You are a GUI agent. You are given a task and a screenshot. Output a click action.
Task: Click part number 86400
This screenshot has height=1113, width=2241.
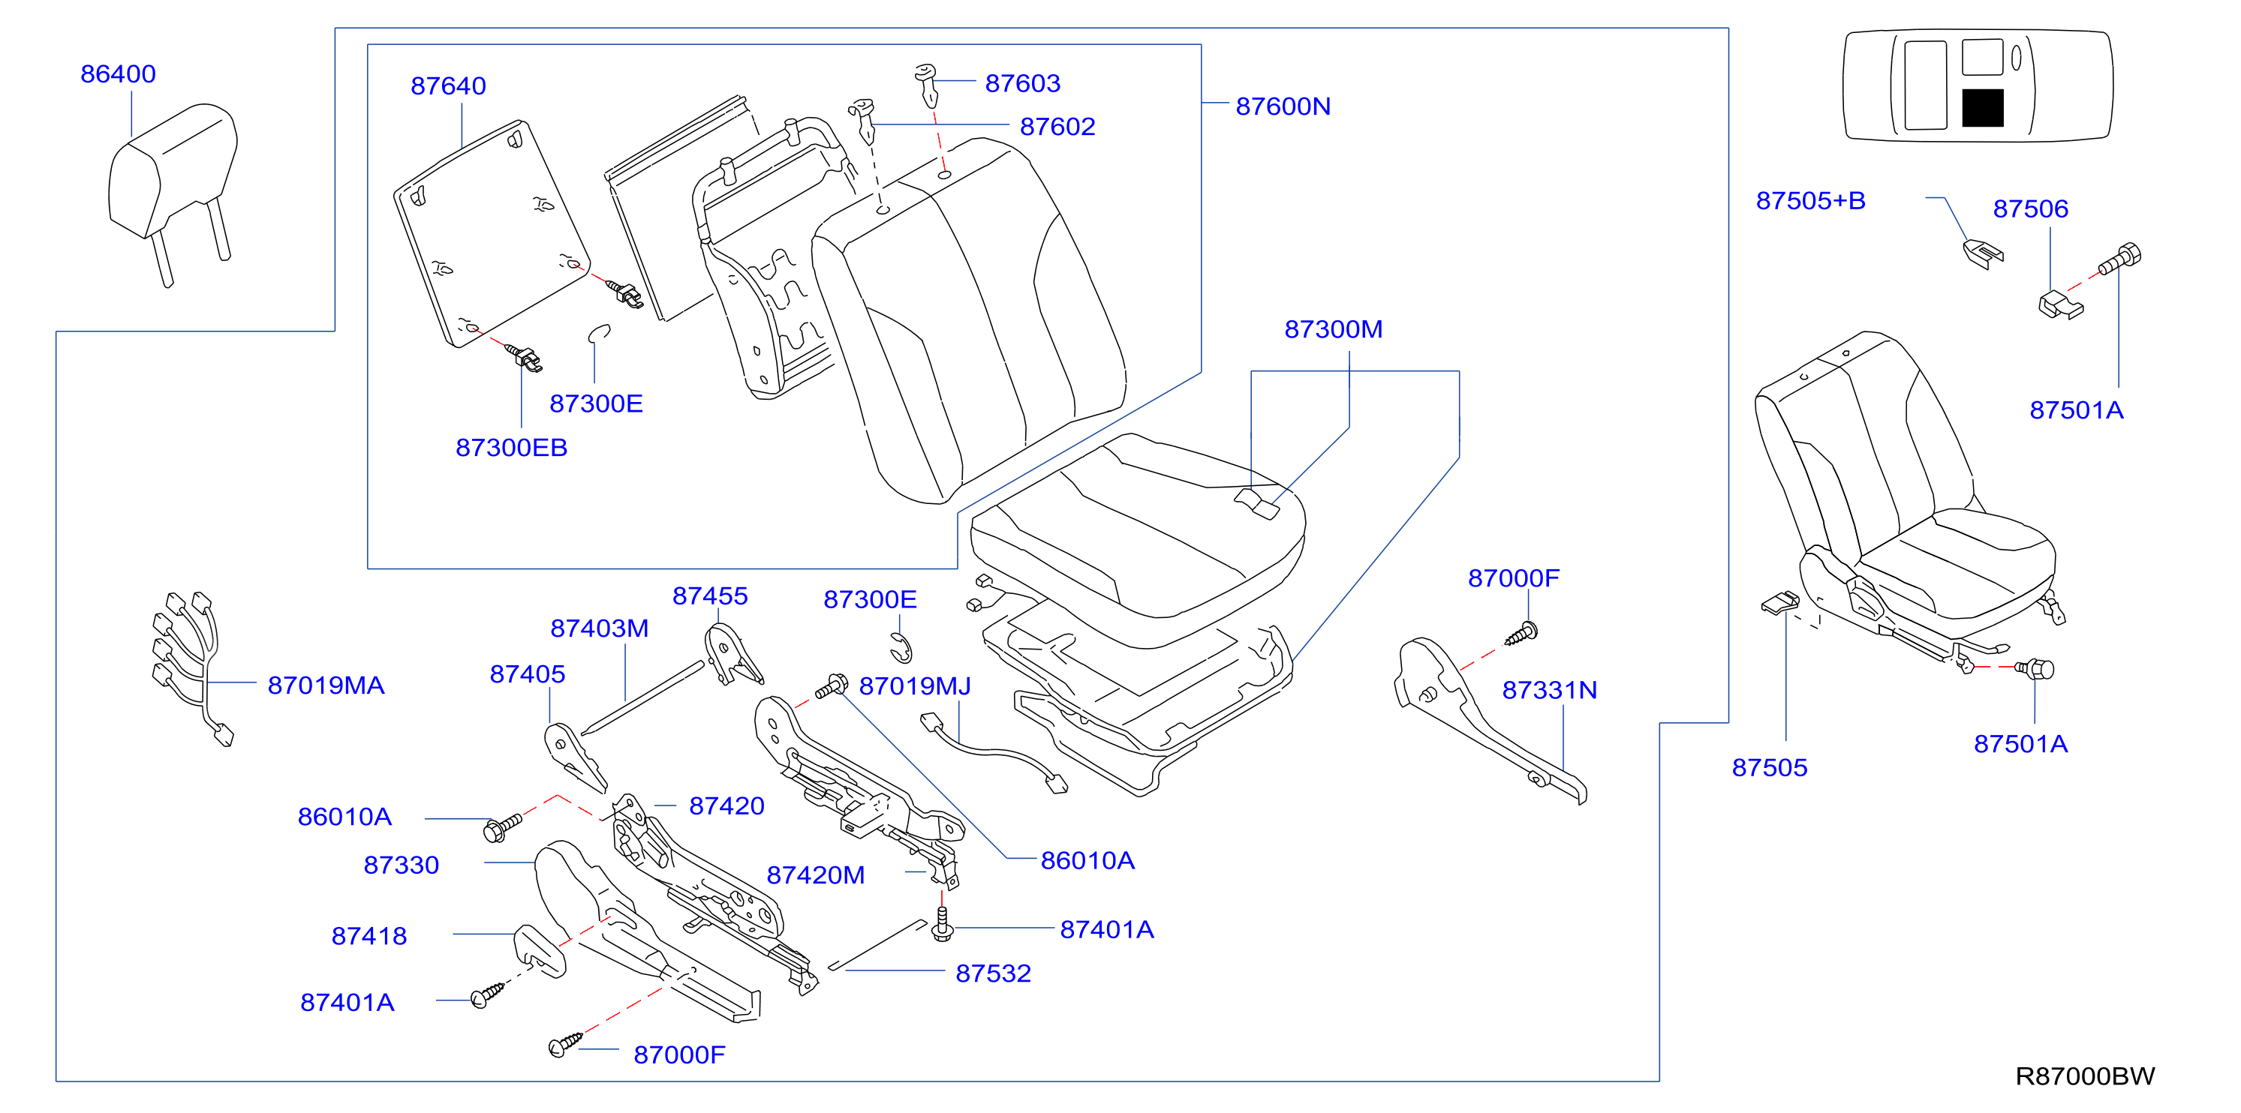click(x=119, y=74)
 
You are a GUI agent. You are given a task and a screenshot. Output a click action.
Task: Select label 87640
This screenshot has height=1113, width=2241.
click(x=448, y=86)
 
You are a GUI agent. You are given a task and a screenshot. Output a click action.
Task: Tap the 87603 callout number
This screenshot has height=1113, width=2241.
click(x=1022, y=83)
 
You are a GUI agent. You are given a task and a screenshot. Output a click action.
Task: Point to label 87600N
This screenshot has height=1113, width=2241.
click(x=1283, y=106)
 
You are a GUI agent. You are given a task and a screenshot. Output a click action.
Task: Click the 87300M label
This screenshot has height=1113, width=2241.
click(x=1334, y=329)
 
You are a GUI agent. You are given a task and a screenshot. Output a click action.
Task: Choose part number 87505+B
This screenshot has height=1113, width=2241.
click(x=1810, y=201)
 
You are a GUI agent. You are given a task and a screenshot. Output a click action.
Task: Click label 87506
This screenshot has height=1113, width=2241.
click(x=2030, y=208)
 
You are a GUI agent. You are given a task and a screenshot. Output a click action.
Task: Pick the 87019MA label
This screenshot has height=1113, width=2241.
click(x=326, y=685)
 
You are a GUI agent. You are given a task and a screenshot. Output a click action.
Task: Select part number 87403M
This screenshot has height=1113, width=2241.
click(x=600, y=628)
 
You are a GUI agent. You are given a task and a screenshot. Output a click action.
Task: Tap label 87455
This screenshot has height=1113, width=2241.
click(x=710, y=595)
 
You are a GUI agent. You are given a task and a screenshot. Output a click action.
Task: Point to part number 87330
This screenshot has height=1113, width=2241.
click(x=401, y=865)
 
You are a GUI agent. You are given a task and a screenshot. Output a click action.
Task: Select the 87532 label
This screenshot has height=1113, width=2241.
click(x=994, y=973)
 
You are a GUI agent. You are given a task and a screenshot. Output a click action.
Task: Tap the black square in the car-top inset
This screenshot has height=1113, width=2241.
click(x=1983, y=108)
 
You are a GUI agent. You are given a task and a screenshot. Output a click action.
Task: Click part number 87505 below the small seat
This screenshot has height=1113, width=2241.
click(x=1770, y=768)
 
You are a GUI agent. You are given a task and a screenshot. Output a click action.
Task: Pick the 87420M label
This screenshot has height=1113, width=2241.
click(x=815, y=874)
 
